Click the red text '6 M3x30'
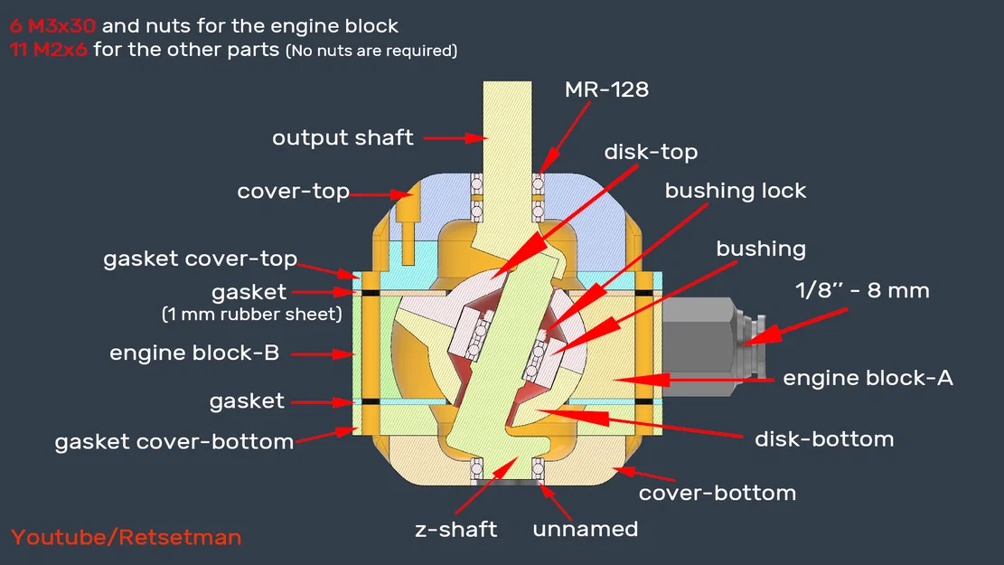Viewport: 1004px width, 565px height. click(x=52, y=26)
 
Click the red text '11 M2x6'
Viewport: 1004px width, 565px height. click(x=49, y=50)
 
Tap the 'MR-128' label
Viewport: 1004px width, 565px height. click(x=606, y=89)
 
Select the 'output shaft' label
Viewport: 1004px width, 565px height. click(x=342, y=138)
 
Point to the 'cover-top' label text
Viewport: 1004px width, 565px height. click(x=293, y=192)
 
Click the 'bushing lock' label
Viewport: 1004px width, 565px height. click(x=735, y=191)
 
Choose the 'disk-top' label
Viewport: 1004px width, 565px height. click(x=651, y=152)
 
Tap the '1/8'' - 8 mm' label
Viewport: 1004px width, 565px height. click(x=861, y=290)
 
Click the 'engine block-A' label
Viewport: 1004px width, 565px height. click(x=868, y=378)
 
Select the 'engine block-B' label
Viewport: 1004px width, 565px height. click(x=193, y=353)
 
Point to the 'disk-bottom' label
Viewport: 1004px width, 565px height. click(x=823, y=439)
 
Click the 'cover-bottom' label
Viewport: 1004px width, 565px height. click(x=717, y=493)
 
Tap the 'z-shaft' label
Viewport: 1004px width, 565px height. click(x=455, y=529)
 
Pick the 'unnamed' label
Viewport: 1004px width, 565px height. click(x=585, y=529)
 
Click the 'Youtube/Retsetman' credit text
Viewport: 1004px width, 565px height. click(x=126, y=537)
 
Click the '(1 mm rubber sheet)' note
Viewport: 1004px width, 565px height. click(x=250, y=315)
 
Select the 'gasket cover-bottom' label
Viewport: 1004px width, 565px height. click(x=174, y=442)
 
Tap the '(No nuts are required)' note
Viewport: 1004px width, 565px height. click(x=371, y=51)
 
